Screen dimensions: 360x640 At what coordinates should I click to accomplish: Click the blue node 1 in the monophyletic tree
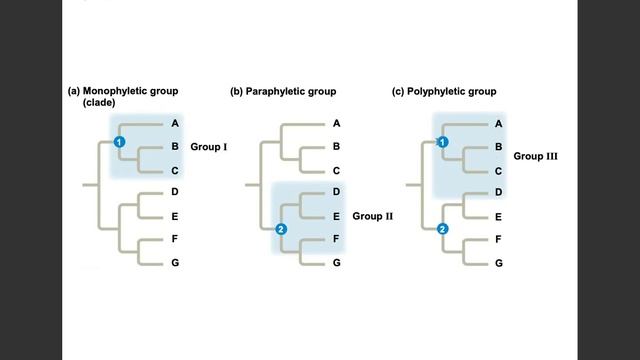tap(119, 143)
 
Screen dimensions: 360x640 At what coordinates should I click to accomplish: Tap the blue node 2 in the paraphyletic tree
tap(281, 229)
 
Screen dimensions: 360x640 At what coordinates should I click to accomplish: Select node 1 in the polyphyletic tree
tap(443, 143)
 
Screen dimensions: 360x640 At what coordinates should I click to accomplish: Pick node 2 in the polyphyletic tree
tap(443, 229)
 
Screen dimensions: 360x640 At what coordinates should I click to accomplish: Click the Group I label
tap(209, 147)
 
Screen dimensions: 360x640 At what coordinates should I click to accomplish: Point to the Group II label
tap(374, 215)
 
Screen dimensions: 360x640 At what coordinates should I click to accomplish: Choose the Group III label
tap(535, 156)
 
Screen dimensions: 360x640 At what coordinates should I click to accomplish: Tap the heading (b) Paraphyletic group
tap(283, 92)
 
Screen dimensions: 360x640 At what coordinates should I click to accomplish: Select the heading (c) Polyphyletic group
tap(444, 92)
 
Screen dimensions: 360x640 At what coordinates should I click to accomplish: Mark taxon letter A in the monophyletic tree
tap(174, 124)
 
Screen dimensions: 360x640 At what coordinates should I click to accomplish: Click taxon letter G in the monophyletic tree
tap(174, 263)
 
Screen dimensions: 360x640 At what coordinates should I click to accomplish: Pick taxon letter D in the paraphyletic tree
tap(336, 191)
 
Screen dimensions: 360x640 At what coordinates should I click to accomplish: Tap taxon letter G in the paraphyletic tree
tap(336, 263)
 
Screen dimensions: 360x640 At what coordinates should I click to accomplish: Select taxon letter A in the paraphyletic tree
tap(336, 124)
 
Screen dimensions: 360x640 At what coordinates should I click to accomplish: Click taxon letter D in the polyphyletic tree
tap(498, 191)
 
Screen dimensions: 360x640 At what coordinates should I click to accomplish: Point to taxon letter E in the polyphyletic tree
tap(498, 215)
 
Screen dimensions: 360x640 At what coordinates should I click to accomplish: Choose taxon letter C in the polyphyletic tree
tap(498, 170)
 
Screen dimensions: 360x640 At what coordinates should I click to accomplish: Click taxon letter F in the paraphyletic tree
tap(336, 240)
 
